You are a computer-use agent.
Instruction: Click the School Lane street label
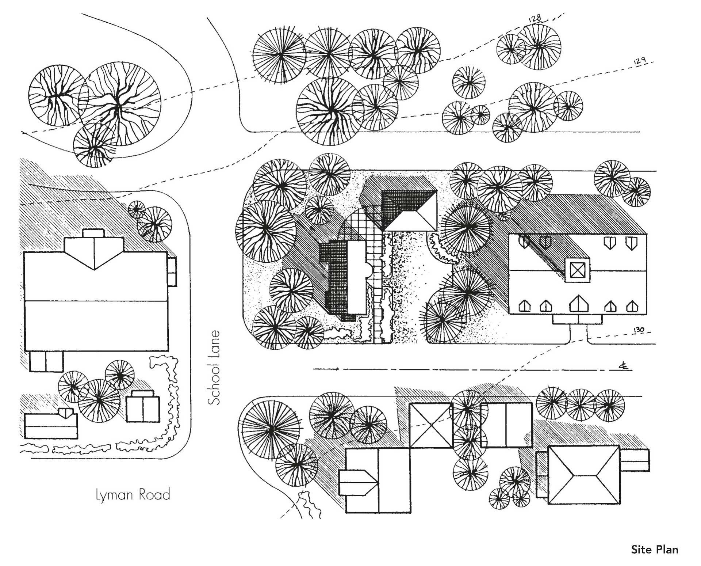(x=214, y=367)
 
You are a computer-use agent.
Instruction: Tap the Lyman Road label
(x=133, y=495)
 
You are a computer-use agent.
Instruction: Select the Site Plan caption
(x=654, y=550)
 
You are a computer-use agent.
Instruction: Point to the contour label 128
(x=535, y=18)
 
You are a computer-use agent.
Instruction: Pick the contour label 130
(x=639, y=330)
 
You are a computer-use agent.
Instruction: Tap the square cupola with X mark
(x=577, y=270)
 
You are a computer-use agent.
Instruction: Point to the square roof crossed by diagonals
(x=431, y=425)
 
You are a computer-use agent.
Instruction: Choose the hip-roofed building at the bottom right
(x=583, y=475)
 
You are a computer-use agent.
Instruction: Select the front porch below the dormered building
(x=577, y=320)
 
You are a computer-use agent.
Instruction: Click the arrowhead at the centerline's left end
(x=338, y=369)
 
